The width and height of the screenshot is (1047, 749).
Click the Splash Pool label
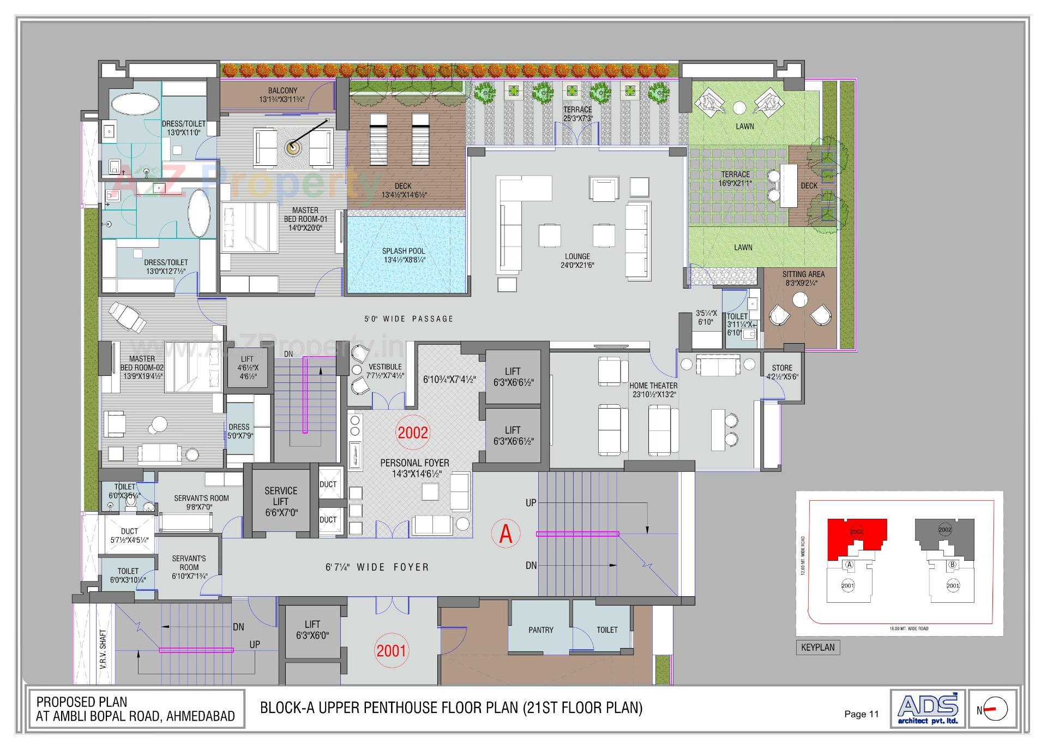(404, 251)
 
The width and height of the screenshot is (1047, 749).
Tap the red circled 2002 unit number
(413, 433)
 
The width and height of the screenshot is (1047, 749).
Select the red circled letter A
(506, 534)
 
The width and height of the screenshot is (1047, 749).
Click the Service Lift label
(281, 496)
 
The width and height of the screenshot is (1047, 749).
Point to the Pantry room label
(540, 630)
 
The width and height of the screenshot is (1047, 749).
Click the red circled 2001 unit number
(392, 650)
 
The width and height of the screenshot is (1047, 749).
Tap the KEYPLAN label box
(817, 648)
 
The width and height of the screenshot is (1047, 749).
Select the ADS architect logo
(928, 709)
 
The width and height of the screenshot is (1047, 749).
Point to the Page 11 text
(861, 714)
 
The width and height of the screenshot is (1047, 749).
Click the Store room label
(782, 368)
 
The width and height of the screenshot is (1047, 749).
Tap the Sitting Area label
(803, 274)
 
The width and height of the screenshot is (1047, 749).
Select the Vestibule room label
(385, 367)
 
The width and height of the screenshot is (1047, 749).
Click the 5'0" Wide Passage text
(409, 319)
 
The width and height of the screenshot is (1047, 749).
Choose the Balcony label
(282, 91)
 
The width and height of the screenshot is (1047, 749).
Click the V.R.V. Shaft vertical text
(104, 649)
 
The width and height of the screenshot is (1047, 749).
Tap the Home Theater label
(653, 386)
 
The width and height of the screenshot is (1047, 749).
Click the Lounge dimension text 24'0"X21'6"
(577, 265)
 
